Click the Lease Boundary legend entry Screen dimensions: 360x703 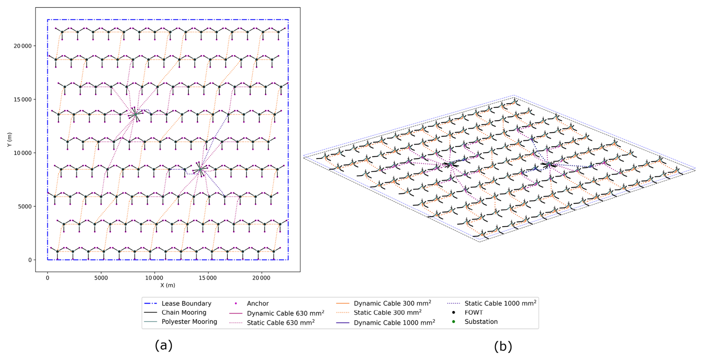(186, 304)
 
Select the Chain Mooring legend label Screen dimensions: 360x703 (184, 312)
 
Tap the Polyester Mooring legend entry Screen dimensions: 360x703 (189, 322)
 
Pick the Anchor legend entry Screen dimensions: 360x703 (257, 304)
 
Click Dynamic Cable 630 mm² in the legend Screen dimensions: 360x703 (285, 313)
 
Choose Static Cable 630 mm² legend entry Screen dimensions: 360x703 (281, 322)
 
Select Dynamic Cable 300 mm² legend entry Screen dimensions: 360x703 (392, 304)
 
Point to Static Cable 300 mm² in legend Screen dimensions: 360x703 (387, 313)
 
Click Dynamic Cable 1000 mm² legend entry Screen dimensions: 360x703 (394, 322)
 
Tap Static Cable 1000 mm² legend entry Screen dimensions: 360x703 (500, 304)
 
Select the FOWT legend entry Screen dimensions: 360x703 (473, 312)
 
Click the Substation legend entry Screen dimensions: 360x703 (481, 322)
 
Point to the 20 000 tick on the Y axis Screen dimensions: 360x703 (23, 46)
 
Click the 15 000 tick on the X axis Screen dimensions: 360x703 (207, 278)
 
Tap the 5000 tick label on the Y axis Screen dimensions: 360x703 (25, 206)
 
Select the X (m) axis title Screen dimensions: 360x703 (168, 285)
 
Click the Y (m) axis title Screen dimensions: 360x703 (9, 139)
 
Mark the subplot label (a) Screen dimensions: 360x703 (163, 346)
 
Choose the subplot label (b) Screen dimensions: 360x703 (503, 346)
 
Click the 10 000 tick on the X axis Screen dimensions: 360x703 (154, 278)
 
